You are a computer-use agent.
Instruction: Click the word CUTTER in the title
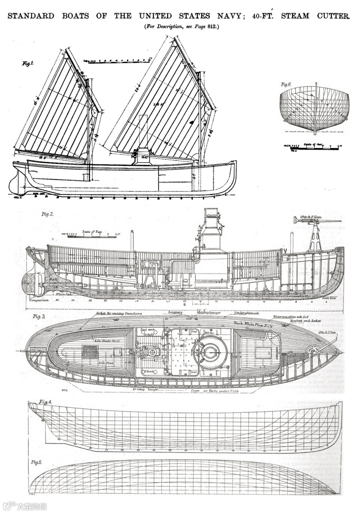click(333, 16)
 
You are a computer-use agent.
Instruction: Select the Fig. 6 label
click(286, 85)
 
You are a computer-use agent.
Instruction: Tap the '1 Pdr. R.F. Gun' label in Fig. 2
click(311, 217)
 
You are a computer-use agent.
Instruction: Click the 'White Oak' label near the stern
click(63, 294)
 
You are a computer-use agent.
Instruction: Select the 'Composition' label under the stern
click(39, 300)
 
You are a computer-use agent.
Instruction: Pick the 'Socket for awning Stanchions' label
click(119, 313)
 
